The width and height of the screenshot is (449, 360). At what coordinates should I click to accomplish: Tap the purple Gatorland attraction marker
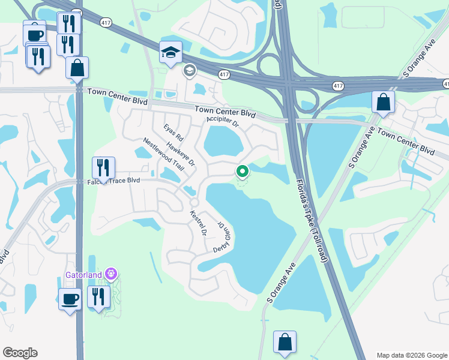[x=110, y=274]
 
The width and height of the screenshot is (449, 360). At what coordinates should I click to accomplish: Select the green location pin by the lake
[x=243, y=172]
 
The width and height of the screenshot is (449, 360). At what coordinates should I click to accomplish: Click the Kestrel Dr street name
[x=198, y=223]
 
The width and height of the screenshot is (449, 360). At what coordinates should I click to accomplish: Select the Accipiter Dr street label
[x=223, y=122]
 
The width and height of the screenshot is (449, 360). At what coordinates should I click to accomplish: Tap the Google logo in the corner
[x=20, y=353]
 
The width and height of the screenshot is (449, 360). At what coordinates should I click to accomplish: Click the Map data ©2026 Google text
[x=412, y=355]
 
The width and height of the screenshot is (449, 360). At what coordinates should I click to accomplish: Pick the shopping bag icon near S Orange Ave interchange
[x=383, y=103]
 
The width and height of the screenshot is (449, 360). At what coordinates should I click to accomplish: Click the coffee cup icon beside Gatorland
[x=70, y=298]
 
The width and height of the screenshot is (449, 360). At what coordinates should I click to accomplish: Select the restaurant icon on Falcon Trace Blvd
[x=103, y=168]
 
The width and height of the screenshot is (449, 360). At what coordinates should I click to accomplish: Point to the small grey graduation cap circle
[x=190, y=71]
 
